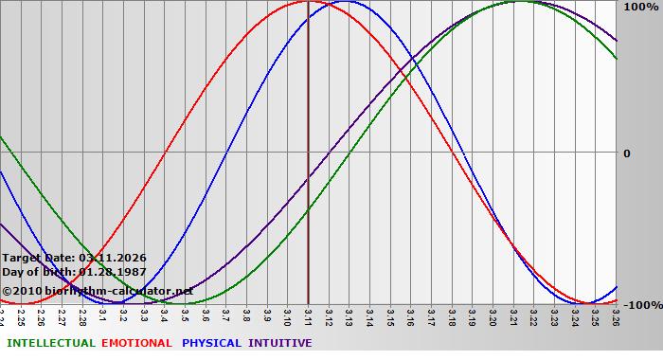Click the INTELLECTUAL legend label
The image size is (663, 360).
click(50, 343)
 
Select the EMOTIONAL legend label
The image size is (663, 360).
click(136, 343)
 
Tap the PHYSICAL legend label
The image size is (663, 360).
click(211, 343)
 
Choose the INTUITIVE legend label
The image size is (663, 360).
click(280, 343)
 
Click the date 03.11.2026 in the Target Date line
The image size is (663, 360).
click(113, 258)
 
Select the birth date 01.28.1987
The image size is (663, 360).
click(113, 272)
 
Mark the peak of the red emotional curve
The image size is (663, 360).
click(309, 2)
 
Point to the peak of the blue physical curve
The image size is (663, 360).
click(347, 2)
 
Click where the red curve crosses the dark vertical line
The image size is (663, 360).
click(309, 2)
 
